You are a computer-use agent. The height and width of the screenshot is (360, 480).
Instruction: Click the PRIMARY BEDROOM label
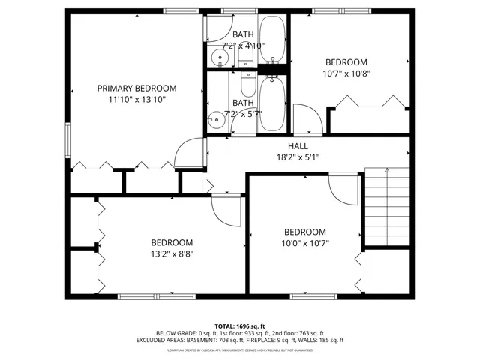pos(136,88)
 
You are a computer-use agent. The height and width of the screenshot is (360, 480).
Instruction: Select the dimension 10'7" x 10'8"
pos(346,73)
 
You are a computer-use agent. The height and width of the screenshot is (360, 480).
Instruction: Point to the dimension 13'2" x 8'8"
pos(172,254)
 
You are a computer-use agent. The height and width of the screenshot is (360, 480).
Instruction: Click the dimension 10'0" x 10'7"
pos(304,243)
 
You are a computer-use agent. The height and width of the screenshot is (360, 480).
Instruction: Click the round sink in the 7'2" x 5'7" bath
pos(218,118)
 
